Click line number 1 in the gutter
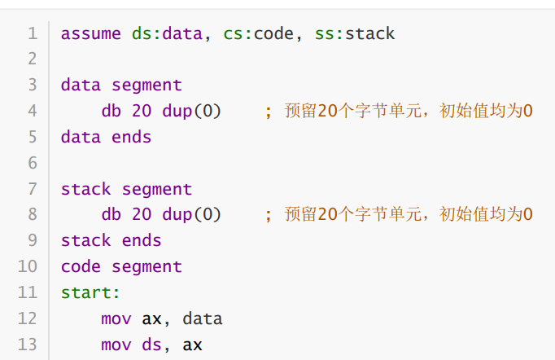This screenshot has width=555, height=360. coord(33,33)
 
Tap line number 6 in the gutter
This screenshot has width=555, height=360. coord(33,163)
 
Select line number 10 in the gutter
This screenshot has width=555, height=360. coord(28,266)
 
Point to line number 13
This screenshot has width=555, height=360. coord(28,345)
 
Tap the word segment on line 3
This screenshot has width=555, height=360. coord(146,86)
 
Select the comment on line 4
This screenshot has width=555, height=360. coord(399,112)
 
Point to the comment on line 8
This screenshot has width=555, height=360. coord(399,215)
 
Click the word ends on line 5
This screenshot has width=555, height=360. coord(131,137)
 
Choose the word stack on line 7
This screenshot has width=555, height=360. coord(85,189)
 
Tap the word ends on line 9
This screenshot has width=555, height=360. coord(142,241)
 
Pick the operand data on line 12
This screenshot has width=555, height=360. coord(202,318)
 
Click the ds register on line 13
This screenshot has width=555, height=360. coord(151,345)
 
